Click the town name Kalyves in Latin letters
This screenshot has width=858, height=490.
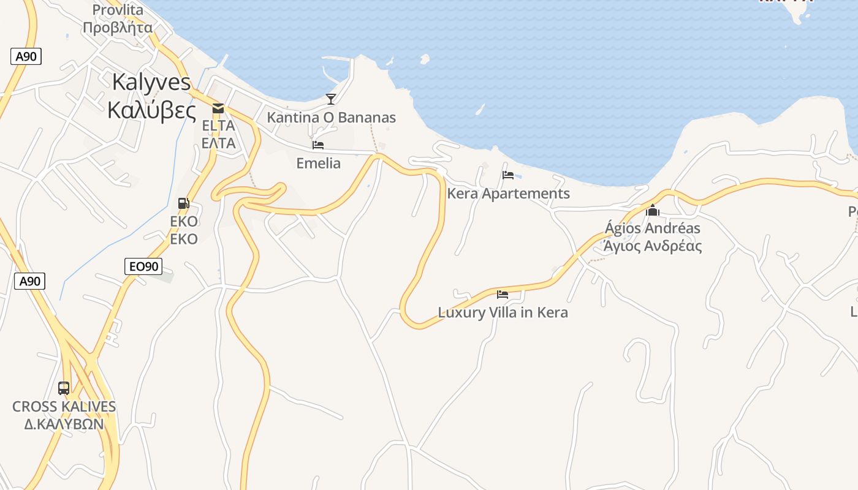(x=151, y=83)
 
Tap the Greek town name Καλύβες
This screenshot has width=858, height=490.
(x=151, y=110)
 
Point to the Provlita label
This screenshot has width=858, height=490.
(x=118, y=10)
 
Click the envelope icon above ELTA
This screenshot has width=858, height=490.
(x=218, y=108)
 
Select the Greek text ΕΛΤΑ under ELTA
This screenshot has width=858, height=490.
(x=219, y=143)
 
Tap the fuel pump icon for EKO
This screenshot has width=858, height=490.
(x=183, y=203)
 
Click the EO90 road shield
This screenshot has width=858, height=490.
(x=143, y=266)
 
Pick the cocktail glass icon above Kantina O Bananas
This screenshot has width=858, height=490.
(x=331, y=99)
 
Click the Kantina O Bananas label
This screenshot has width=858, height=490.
(x=331, y=118)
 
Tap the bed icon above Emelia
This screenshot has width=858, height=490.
(x=318, y=145)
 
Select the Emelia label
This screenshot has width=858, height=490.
(x=318, y=163)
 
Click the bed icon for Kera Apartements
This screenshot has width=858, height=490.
(x=508, y=175)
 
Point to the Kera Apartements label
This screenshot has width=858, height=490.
(x=509, y=194)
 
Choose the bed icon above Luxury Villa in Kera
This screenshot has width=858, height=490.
(x=503, y=294)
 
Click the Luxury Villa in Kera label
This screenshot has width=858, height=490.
(x=503, y=312)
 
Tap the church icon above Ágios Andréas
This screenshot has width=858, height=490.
(x=653, y=210)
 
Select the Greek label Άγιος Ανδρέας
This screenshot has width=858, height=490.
(x=653, y=246)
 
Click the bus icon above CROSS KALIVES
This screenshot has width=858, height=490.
(x=64, y=388)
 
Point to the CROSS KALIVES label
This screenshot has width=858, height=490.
(x=64, y=407)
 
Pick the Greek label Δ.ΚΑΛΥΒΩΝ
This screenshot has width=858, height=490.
(x=64, y=424)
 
